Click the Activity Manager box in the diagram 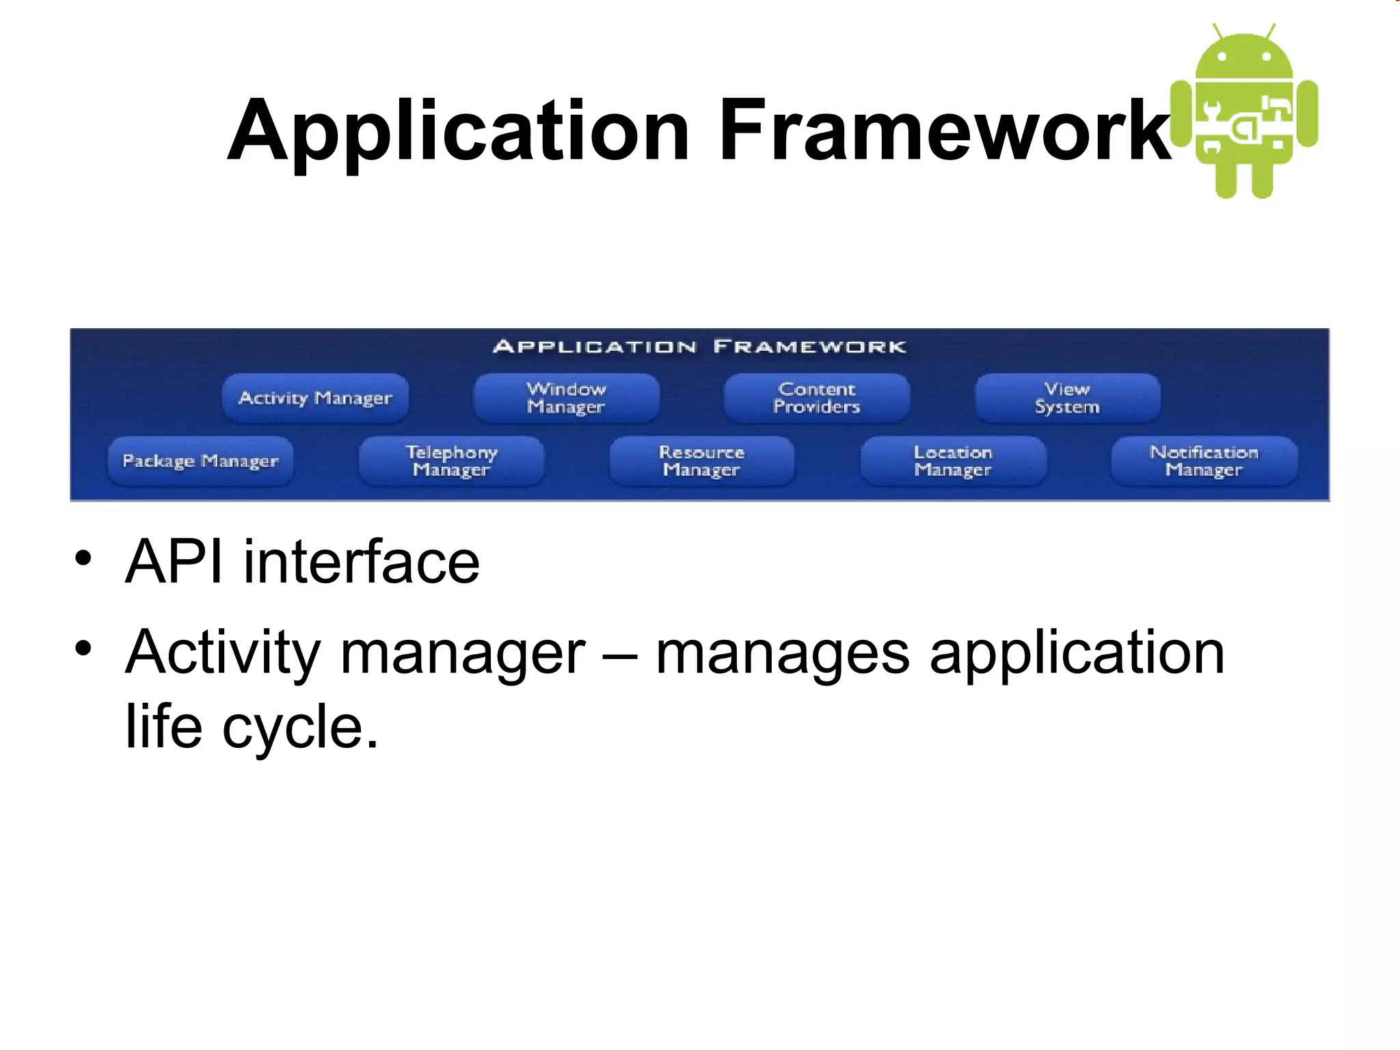[315, 398]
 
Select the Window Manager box [566, 398]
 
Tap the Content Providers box [817, 398]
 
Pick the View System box [1067, 398]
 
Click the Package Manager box [200, 461]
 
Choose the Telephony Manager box [451, 461]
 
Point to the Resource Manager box [702, 461]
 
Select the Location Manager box [953, 461]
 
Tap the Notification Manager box [1204, 461]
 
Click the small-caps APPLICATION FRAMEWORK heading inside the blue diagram [699, 347]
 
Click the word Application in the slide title [458, 131]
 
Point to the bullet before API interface [83, 559]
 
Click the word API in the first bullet [174, 562]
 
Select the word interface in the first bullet [362, 562]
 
